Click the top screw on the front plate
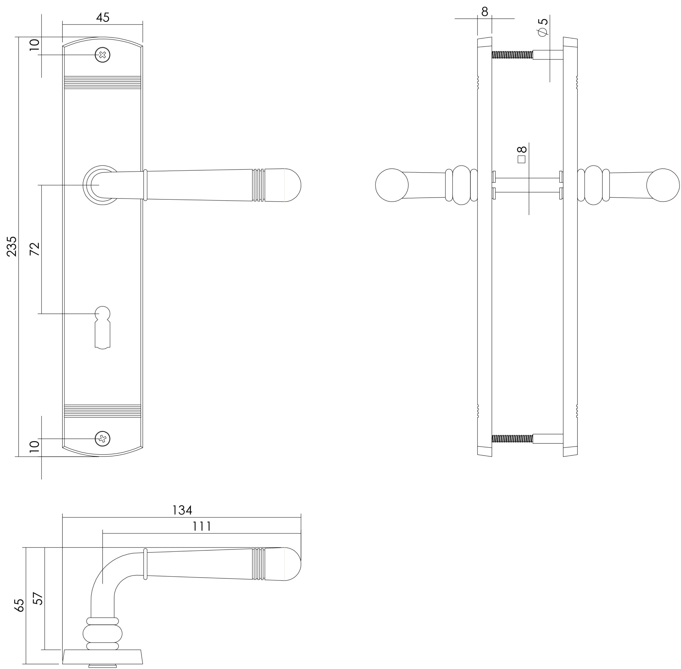point(102,55)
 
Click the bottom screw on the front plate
point(102,438)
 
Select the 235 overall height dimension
point(12,246)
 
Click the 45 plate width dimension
point(103,18)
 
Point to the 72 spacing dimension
point(35,249)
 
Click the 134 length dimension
point(182,510)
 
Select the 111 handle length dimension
point(202,526)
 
